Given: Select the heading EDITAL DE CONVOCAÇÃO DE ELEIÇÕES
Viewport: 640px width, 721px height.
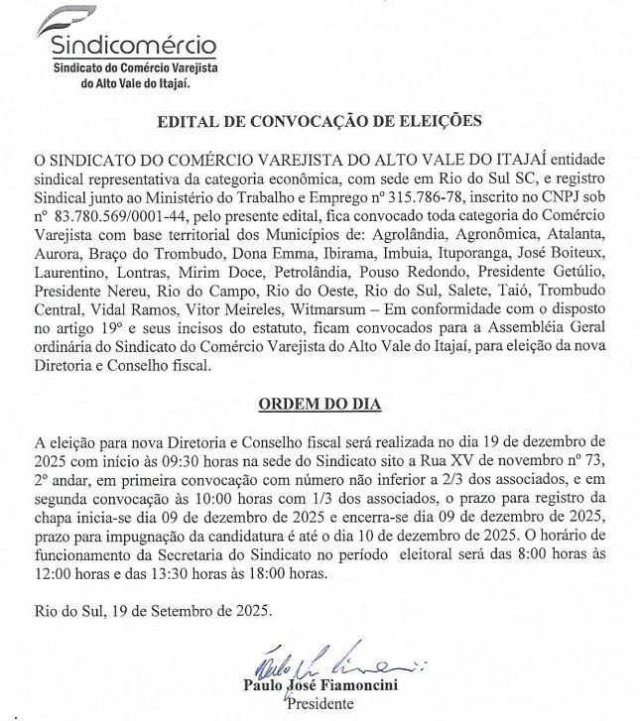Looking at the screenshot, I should click(x=320, y=122).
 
